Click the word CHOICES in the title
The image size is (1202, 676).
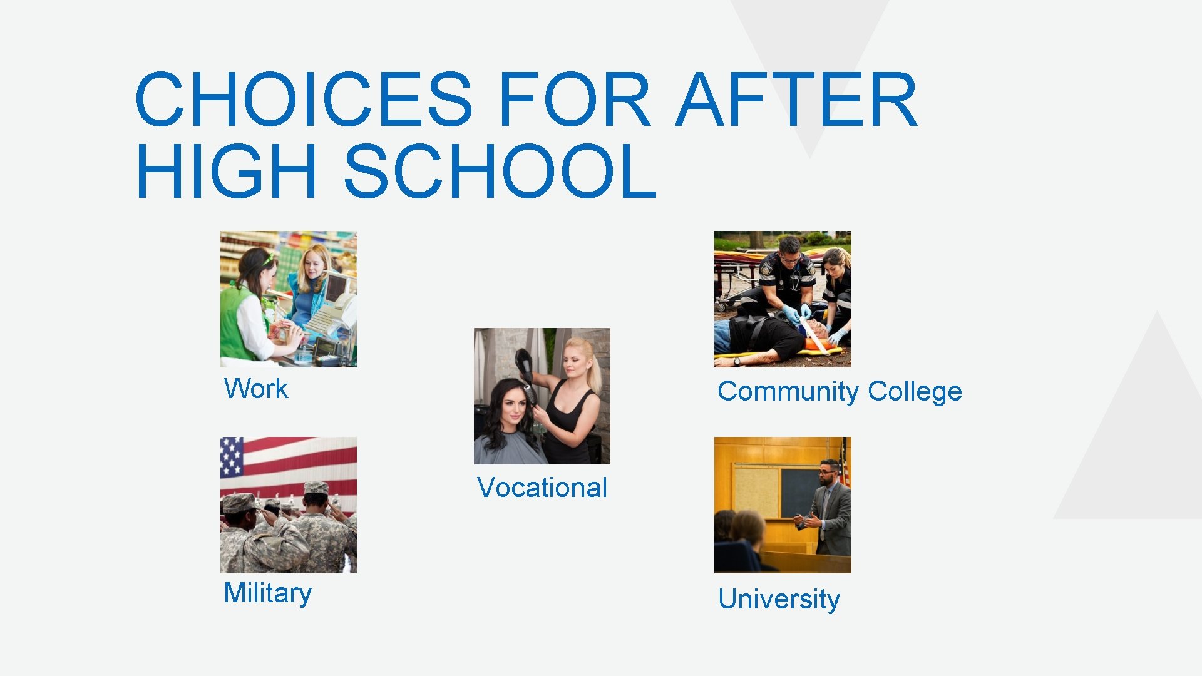[304, 100]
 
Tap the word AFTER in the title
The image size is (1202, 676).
[796, 100]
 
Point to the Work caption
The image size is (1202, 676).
[256, 389]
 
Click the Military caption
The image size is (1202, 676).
[267, 593]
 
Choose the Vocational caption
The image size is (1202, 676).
[542, 488]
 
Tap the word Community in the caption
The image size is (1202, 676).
[788, 392]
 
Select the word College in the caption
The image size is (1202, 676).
[915, 392]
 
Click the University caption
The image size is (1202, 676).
[779, 599]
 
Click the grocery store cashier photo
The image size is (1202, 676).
[288, 299]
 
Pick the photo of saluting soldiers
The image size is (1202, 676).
[288, 504]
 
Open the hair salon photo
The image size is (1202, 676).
[542, 396]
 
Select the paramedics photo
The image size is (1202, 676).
[783, 299]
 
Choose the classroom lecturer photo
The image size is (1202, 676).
[783, 504]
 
